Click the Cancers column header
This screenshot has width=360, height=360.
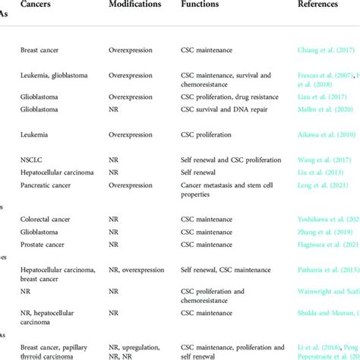(x=38, y=5)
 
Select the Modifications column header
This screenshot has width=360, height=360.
(x=135, y=5)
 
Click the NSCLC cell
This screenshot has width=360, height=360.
(x=33, y=160)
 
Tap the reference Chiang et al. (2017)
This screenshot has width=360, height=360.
(x=325, y=52)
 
